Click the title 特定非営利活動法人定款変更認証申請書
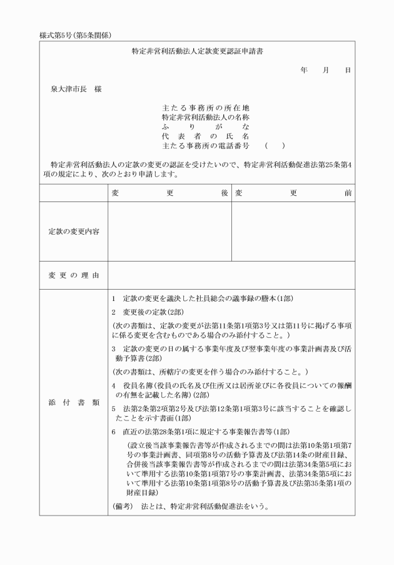click(x=197, y=53)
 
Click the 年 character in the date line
click(x=303, y=71)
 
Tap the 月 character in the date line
click(x=325, y=71)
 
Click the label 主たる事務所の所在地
click(x=205, y=108)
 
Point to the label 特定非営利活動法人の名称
click(x=205, y=118)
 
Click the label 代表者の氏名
click(x=205, y=136)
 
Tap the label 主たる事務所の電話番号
click(x=205, y=146)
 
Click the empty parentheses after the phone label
click(x=275, y=146)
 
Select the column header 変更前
click(x=293, y=193)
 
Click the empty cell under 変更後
click(x=169, y=232)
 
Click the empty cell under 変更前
click(x=293, y=232)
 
